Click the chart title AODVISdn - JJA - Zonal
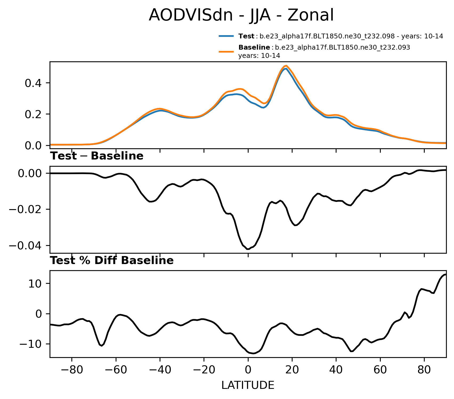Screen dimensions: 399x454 241,15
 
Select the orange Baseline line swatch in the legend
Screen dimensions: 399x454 226,51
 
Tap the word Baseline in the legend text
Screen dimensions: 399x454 254,47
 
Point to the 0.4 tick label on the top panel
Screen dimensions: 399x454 34,83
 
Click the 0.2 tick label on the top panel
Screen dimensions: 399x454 34,114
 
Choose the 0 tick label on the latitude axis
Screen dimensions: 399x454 248,371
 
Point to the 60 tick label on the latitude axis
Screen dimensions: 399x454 380,371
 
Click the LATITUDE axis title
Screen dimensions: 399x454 248,385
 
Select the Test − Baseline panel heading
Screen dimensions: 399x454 97,156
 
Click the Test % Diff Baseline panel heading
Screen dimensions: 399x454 112,261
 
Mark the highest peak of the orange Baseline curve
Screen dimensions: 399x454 286,66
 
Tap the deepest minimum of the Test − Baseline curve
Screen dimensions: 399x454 248,249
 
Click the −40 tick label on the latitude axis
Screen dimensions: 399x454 160,371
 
